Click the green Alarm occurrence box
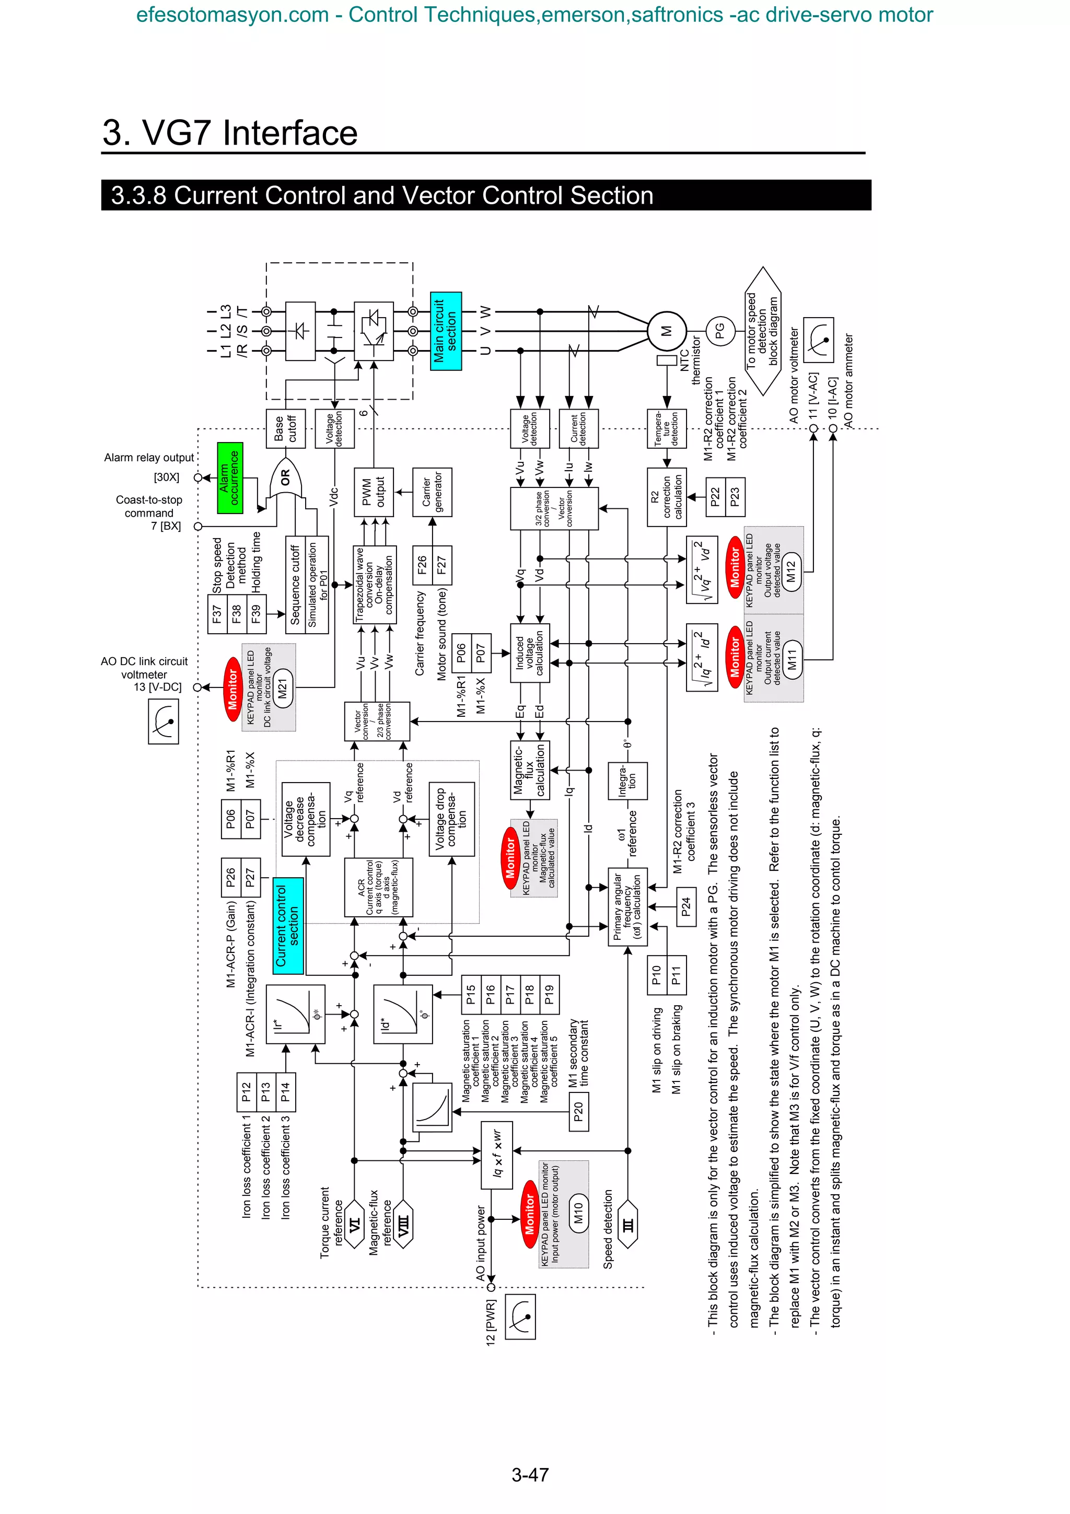(x=230, y=478)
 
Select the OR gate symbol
(x=285, y=478)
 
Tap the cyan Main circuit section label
(x=446, y=331)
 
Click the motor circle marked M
(x=667, y=331)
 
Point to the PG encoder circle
(x=720, y=331)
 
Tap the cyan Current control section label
(x=288, y=926)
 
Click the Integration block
(x=627, y=782)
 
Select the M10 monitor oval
(x=578, y=1213)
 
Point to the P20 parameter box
(x=578, y=1112)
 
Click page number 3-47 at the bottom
(x=530, y=1474)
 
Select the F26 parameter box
(x=422, y=565)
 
